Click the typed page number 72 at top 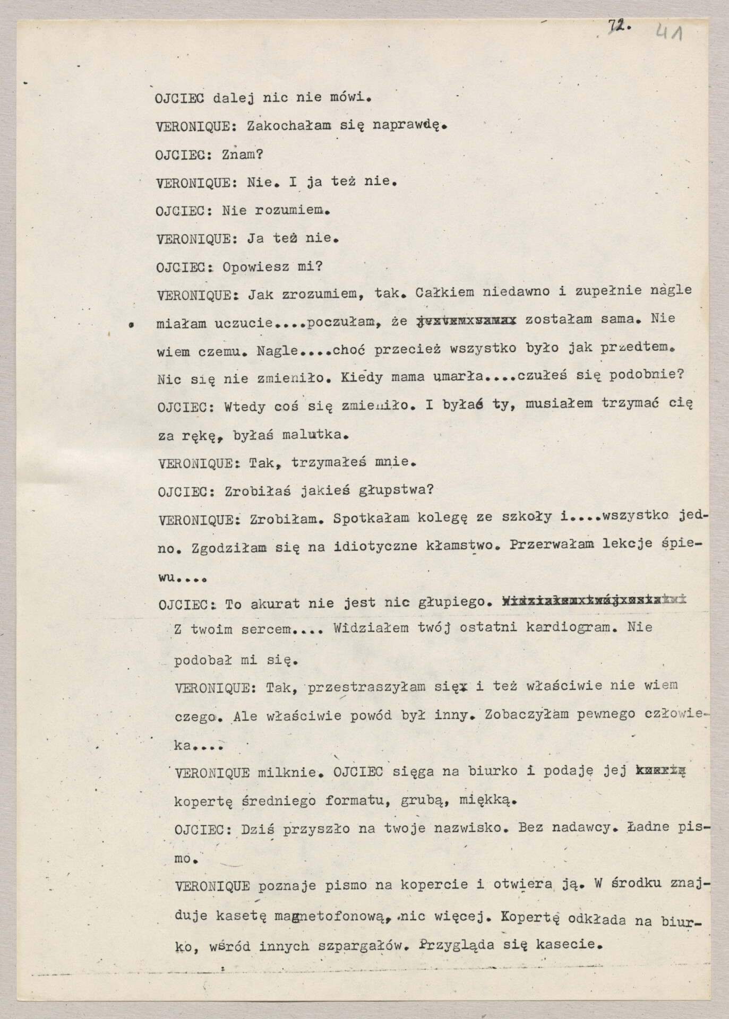pyautogui.click(x=618, y=26)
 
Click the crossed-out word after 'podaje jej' pyautogui.click(x=661, y=770)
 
